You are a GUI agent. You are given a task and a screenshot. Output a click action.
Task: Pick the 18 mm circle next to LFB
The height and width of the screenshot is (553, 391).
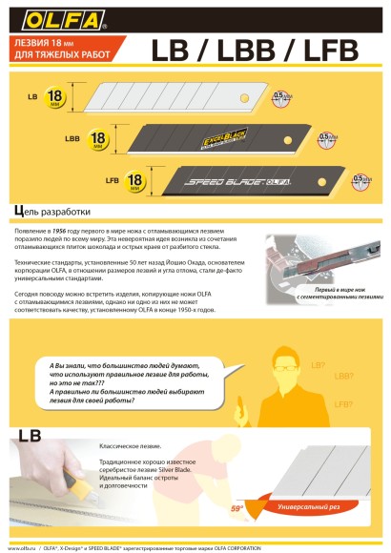[136, 178]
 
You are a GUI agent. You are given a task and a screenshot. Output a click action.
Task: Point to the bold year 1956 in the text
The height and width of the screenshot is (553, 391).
[72, 232]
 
